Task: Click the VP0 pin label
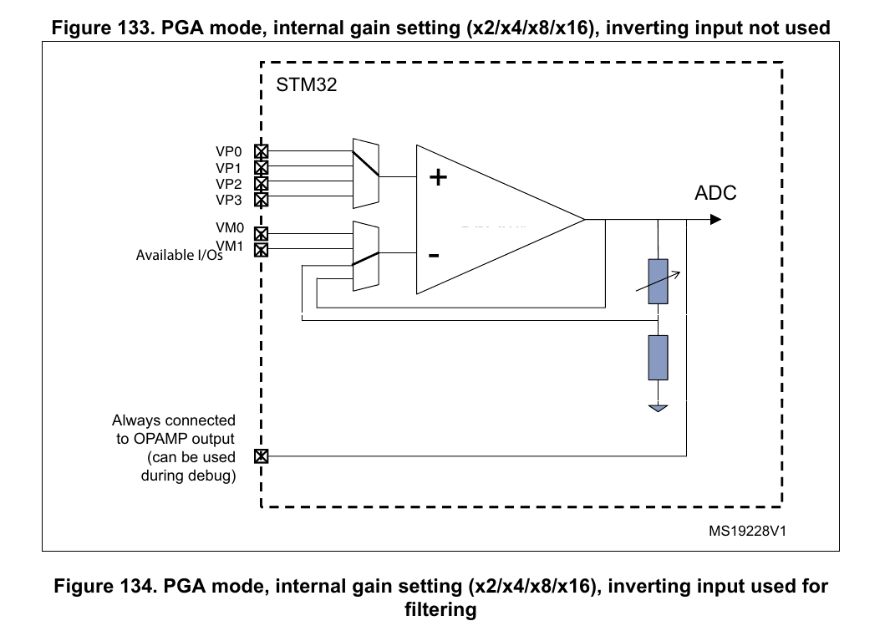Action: coord(228,152)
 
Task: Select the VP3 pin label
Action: coord(228,200)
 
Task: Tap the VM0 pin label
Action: coord(228,227)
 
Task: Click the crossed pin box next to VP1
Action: coord(261,167)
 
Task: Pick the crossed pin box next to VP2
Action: coord(261,183)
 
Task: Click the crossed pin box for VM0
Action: coord(261,234)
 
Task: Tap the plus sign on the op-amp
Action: coord(437,177)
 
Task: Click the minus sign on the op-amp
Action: coord(434,255)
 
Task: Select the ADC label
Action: coord(715,193)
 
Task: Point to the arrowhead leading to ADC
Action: coord(715,220)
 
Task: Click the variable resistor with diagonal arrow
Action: coord(659,282)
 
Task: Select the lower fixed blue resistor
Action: coord(659,358)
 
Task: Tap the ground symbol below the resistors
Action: coord(659,409)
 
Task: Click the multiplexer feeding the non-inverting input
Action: coord(366,172)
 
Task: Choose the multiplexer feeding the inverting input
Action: coord(366,256)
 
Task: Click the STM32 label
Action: coord(306,84)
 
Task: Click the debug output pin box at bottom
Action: coord(261,456)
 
